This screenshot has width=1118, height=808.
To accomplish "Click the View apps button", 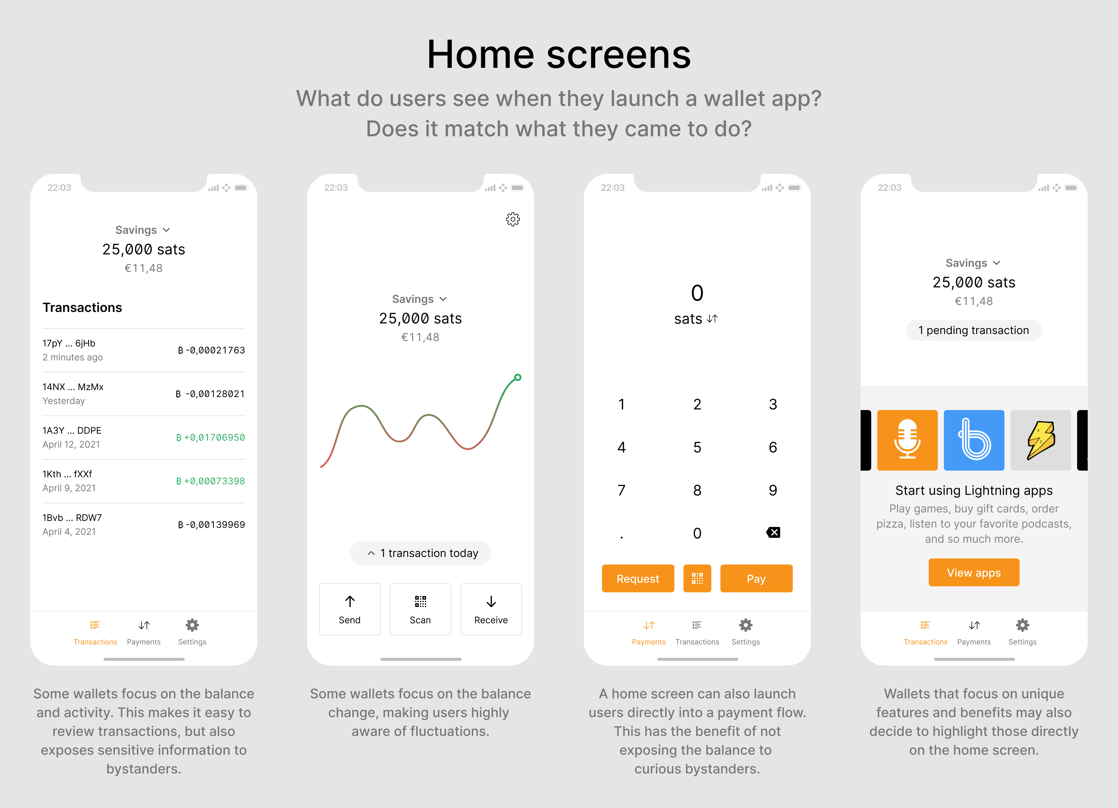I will tap(974, 572).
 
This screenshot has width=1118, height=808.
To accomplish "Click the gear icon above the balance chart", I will tap(513, 219).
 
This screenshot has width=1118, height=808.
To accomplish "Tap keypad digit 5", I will tap(697, 447).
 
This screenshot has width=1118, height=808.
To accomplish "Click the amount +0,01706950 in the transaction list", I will tap(210, 437).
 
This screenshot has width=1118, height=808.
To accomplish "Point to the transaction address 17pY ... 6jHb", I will tap(69, 343).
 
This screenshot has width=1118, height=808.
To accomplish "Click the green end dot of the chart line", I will tap(518, 378).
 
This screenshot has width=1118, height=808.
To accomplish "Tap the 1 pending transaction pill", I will tap(974, 330).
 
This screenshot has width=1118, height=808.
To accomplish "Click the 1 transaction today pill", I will tap(421, 553).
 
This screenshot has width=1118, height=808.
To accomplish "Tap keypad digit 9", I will tap(772, 490).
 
